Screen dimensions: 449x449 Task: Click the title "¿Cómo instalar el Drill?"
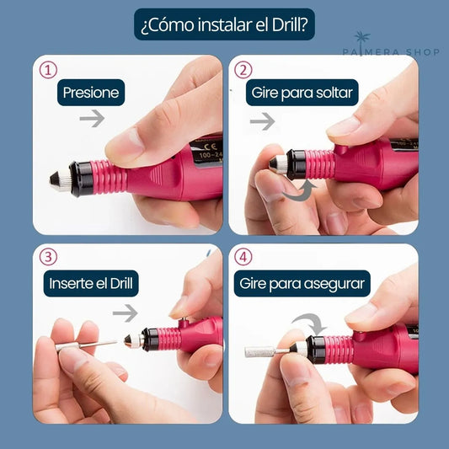[x=224, y=26]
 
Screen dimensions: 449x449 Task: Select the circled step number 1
[x=49, y=71]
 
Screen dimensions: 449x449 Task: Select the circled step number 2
[x=243, y=71]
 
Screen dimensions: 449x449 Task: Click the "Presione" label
[x=90, y=93]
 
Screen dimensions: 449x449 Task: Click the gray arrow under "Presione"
[x=92, y=120]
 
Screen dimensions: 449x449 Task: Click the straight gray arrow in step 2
[x=263, y=121]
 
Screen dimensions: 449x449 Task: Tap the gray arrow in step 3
[x=125, y=313]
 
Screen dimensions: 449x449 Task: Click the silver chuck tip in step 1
[x=58, y=180]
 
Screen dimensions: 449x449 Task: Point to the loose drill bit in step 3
[x=89, y=344]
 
